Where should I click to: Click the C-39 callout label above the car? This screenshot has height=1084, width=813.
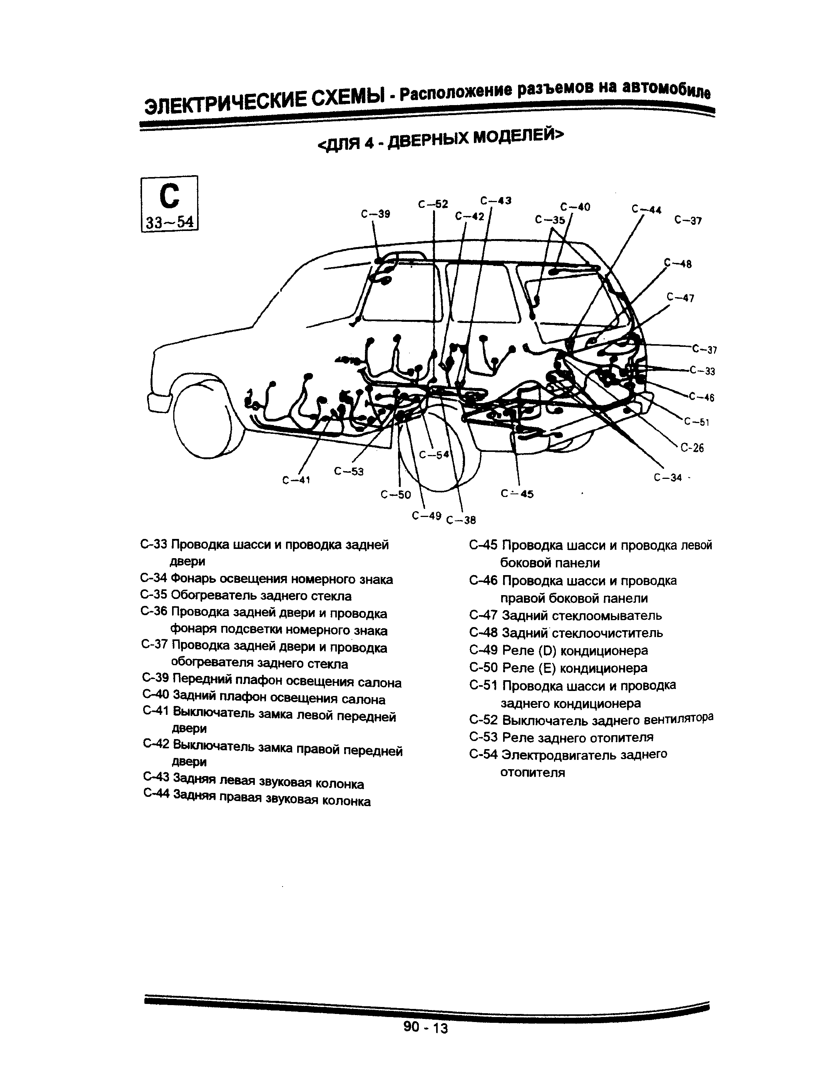(375, 214)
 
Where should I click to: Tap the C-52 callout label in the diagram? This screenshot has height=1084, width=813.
(433, 204)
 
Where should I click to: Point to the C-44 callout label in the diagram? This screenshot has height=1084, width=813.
(646, 209)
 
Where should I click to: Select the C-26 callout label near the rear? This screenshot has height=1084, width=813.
(692, 447)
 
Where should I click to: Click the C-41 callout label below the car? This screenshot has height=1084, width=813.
(296, 480)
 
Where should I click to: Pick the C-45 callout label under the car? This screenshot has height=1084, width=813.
(517, 494)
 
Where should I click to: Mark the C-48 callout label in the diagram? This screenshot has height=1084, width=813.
(678, 264)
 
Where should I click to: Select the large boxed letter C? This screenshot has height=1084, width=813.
(169, 196)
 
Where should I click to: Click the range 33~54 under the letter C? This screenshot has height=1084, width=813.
(169, 223)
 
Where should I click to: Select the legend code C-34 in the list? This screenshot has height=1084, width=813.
(154, 579)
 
